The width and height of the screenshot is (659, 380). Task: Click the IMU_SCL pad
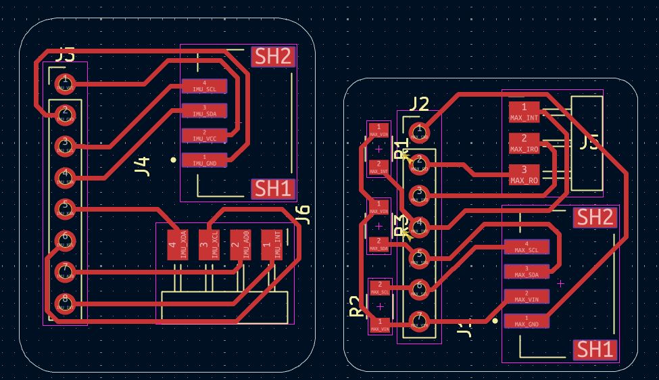click(x=204, y=86)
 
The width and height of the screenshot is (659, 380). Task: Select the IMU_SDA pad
click(x=204, y=111)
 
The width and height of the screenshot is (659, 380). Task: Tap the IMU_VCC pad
click(x=204, y=135)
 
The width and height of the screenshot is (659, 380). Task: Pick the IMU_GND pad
click(x=204, y=160)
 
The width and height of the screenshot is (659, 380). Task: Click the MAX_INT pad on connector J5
click(x=524, y=112)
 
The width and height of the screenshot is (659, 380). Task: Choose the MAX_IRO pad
click(x=524, y=143)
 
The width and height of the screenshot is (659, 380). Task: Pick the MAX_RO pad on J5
click(x=524, y=174)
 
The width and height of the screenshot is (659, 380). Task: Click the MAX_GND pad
click(x=527, y=320)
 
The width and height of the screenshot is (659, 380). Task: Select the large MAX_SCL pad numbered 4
click(x=527, y=247)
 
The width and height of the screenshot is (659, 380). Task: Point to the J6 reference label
click(x=303, y=214)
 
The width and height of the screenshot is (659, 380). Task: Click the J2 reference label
click(x=419, y=104)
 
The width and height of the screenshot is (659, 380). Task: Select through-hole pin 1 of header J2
click(x=419, y=130)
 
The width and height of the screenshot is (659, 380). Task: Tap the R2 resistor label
click(x=356, y=306)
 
